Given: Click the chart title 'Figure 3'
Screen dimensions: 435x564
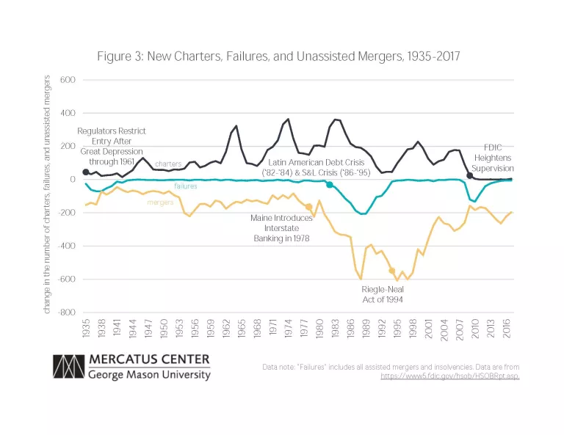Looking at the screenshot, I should click(x=278, y=56).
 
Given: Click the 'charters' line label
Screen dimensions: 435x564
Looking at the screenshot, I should click(x=168, y=164).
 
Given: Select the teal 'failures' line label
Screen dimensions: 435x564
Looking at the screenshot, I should click(x=187, y=186).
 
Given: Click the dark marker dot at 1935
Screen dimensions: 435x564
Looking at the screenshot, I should click(x=86, y=172).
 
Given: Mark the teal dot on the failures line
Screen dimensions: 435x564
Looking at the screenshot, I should click(x=330, y=185).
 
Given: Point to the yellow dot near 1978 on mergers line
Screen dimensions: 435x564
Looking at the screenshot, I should click(x=309, y=208).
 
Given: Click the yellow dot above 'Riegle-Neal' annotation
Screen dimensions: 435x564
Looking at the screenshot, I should click(x=392, y=271).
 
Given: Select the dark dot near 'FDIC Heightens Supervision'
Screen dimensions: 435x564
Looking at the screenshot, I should click(x=470, y=175).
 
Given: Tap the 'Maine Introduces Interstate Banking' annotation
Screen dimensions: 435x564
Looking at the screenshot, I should click(x=280, y=229).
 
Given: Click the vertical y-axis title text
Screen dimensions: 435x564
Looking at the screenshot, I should click(x=47, y=194).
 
